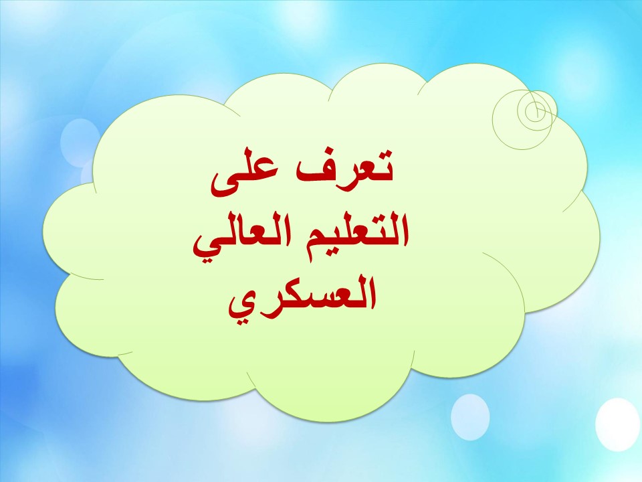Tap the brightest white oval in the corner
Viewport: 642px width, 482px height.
pyautogui.click(x=617, y=424)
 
